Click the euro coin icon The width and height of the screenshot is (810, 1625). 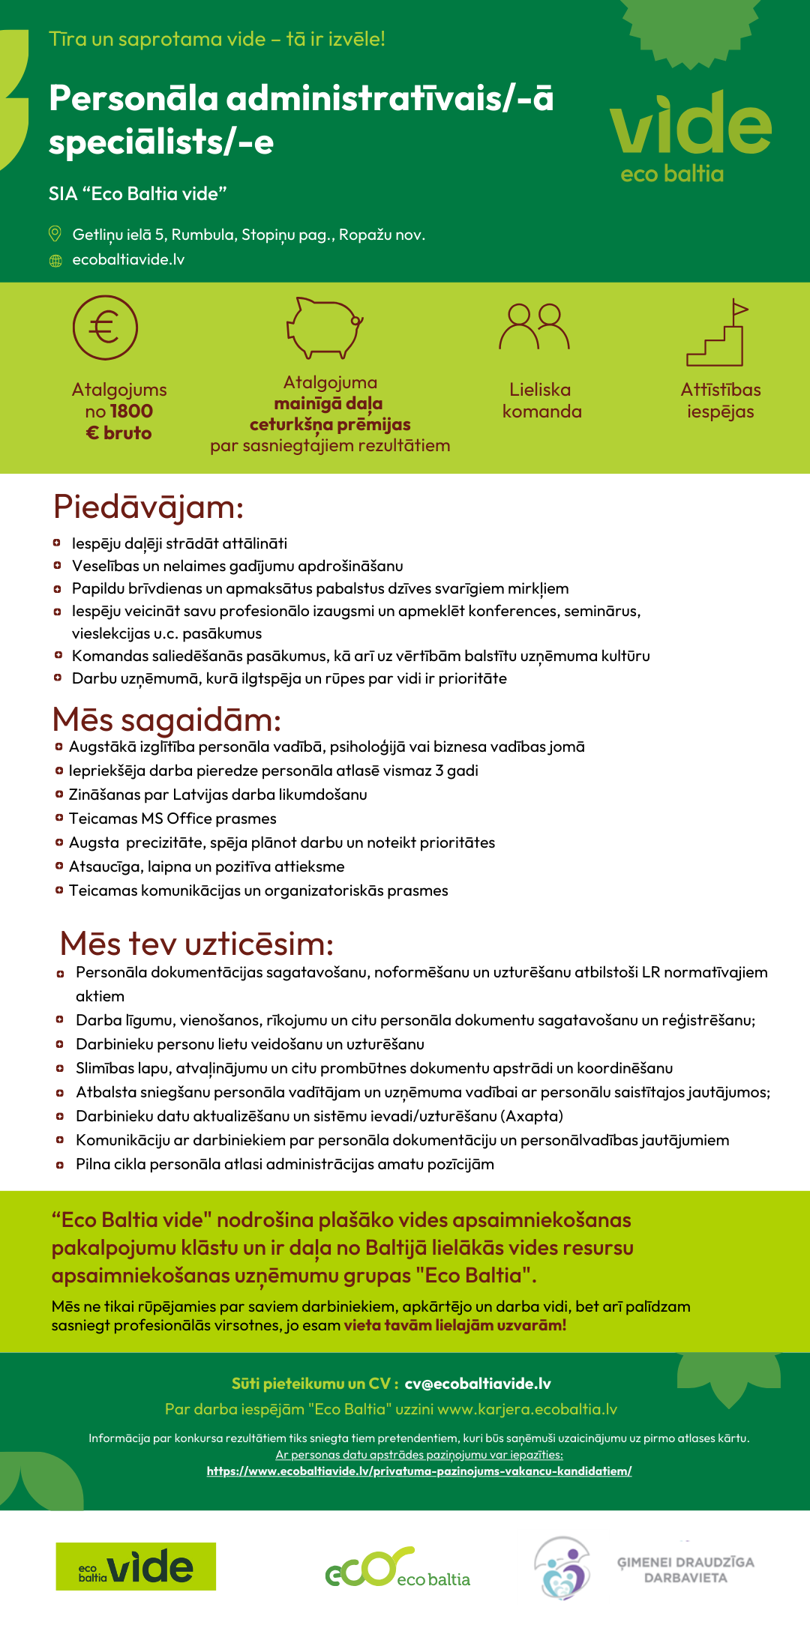coord(105,328)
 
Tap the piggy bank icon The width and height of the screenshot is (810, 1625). coord(325,328)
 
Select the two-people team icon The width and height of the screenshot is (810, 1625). coord(535,327)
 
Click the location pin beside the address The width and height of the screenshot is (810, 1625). coord(55,234)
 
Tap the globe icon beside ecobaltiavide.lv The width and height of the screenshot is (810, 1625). coord(55,260)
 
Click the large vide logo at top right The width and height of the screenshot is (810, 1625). coord(691,135)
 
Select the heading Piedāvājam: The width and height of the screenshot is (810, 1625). coord(148,507)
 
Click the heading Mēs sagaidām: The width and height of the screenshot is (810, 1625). coord(166,720)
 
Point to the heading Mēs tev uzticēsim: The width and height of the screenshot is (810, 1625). coord(196,944)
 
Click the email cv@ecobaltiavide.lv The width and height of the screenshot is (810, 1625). coord(478,1384)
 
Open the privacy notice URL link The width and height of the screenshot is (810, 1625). coord(419,1471)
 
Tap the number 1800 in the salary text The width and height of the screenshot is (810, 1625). coord(131,411)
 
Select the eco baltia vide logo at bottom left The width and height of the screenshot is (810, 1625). coord(136,1567)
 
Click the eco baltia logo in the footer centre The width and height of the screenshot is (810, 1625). coord(397,1567)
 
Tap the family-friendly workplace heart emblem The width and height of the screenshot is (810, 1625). coord(562,1567)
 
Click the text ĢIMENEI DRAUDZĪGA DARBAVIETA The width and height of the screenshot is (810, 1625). coord(685,1570)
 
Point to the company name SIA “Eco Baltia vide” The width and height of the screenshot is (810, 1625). coord(138,194)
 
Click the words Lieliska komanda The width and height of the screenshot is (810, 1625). coord(541,400)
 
